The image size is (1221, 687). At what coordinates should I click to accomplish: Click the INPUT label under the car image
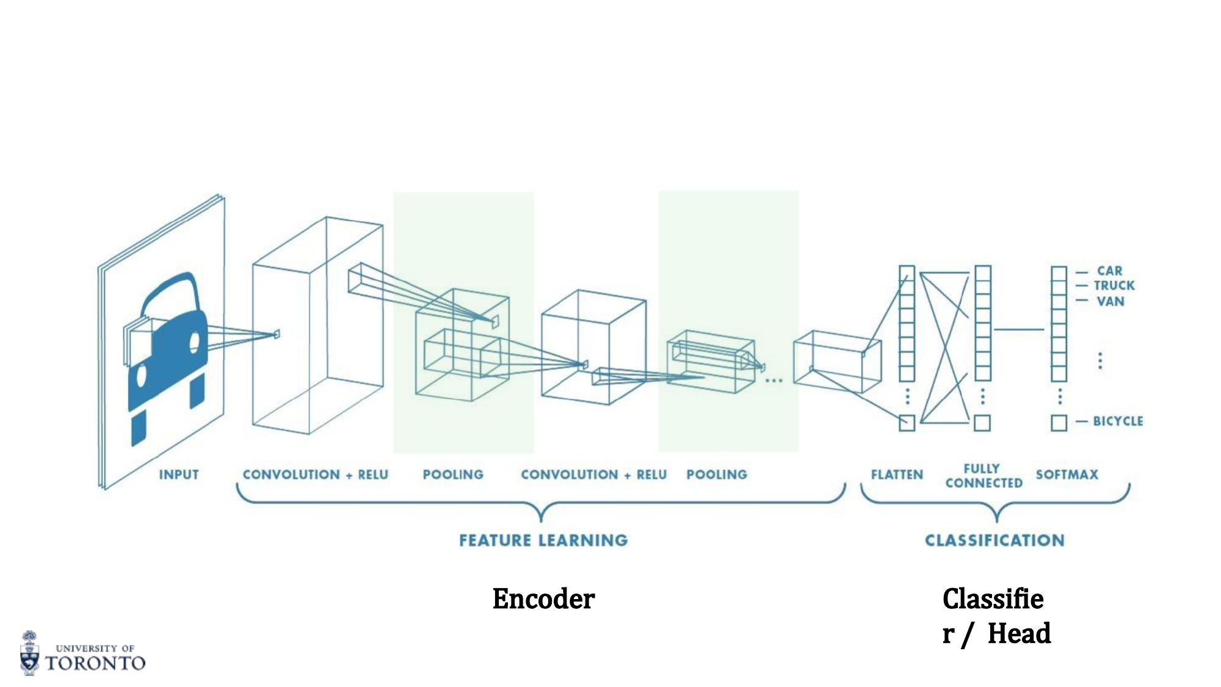pos(179,474)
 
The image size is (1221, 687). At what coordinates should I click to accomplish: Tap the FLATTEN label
pos(897,474)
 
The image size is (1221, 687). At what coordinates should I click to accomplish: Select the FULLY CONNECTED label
pos(984,476)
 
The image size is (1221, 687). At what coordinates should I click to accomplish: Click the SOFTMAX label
pos(1067,474)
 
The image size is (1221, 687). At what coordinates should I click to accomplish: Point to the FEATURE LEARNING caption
pos(543,540)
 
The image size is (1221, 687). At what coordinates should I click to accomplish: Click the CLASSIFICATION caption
pos(995,540)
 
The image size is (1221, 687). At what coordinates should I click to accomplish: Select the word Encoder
pos(543,599)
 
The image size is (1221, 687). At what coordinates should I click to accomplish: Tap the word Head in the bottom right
pos(1019,633)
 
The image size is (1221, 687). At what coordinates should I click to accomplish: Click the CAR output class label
pos(1109,271)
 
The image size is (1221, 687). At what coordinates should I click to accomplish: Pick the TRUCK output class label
pos(1114,286)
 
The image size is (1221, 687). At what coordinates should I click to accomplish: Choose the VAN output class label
pos(1110,301)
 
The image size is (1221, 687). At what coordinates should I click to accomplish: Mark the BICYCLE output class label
pos(1118,421)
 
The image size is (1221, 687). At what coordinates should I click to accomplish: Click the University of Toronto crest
pos(29,653)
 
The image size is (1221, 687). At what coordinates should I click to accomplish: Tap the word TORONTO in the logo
pos(95,663)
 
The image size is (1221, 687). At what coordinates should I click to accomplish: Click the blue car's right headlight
pos(195,342)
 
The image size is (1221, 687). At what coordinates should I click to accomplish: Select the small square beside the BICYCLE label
pos(1059,423)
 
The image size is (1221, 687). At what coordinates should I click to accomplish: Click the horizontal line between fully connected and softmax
pos(1019,330)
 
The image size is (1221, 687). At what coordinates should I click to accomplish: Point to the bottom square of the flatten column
pos(907,423)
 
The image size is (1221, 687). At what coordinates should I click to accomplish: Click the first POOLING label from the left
pos(453,474)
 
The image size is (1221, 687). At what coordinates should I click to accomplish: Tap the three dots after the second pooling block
pos(774,380)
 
